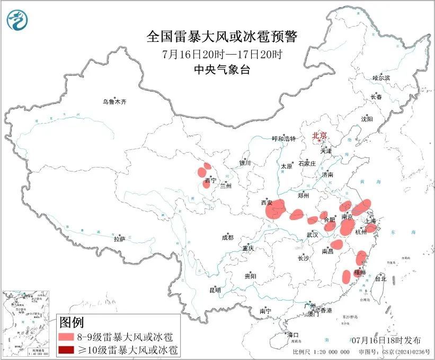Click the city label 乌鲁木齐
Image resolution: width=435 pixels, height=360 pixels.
coord(115,102)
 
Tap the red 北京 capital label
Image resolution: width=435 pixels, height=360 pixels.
coord(320,136)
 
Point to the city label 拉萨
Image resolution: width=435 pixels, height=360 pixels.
coord(119,239)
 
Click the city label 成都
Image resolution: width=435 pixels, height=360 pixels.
coord(228,238)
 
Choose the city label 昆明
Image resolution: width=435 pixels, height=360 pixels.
coord(214,289)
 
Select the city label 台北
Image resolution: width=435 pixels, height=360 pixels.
coord(380,278)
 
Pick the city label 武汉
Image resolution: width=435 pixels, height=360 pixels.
coord(312,234)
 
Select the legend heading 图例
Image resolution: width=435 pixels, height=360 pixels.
coord(71,322)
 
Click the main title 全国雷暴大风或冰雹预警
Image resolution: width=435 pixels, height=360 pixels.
coord(222,37)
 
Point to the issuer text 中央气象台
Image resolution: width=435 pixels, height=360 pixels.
coord(222,69)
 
